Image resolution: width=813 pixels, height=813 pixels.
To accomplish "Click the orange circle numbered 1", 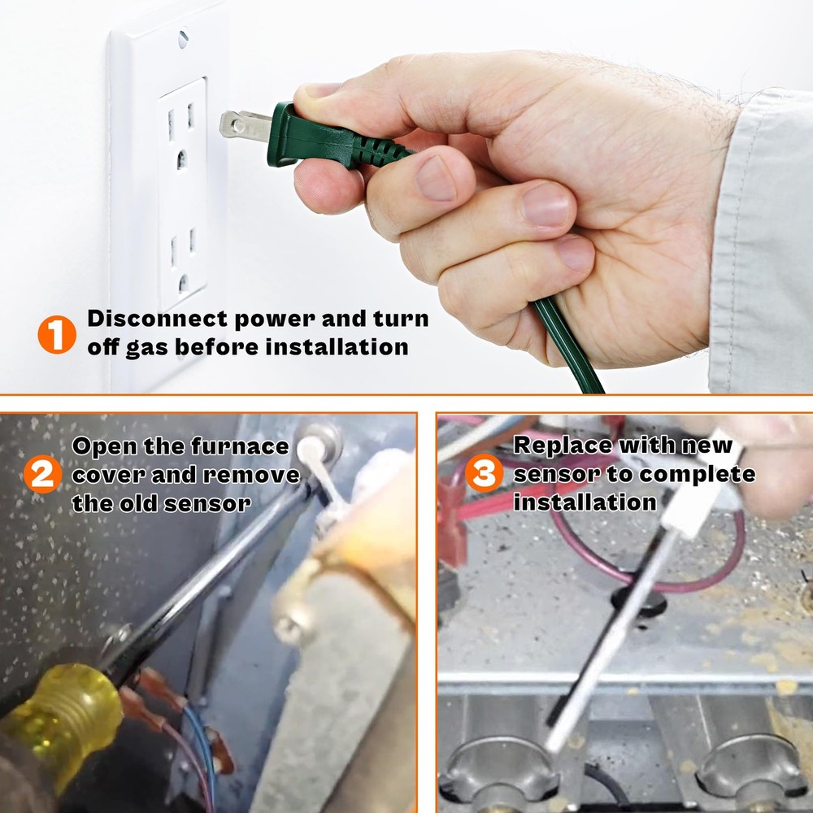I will click(57, 333).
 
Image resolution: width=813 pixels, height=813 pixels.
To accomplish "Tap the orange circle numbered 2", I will click(42, 475).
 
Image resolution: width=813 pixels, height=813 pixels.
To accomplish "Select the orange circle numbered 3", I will click(484, 474).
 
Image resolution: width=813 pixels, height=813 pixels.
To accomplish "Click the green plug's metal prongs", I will click(244, 126).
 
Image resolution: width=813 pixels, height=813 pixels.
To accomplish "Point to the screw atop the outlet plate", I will click(182, 37).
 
